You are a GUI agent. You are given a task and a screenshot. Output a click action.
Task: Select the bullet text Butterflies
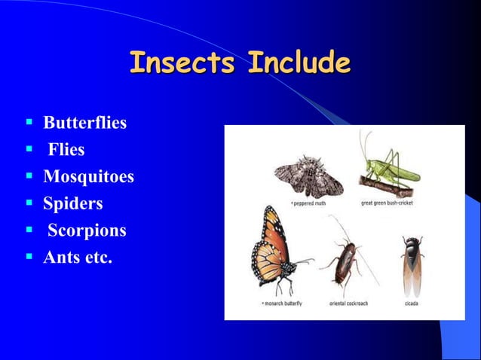click(84, 122)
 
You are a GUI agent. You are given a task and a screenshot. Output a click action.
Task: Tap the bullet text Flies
click(66, 149)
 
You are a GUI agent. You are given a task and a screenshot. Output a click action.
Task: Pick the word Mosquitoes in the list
click(88, 176)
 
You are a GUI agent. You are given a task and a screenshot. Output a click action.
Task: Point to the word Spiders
click(73, 203)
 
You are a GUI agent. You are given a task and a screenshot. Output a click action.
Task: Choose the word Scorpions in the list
click(87, 230)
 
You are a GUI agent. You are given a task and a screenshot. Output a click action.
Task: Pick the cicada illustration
click(412, 263)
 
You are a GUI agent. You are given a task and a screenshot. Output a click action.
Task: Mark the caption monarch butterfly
click(283, 304)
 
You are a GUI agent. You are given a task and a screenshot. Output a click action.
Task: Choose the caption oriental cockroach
click(348, 304)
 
